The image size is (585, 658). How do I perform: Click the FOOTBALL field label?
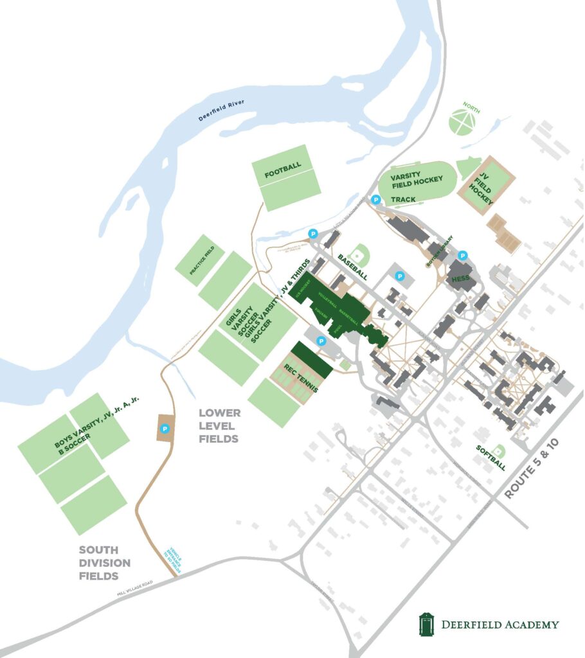[282, 166]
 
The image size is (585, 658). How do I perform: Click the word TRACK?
[403, 199]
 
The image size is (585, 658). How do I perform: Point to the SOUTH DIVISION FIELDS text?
[104, 562]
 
